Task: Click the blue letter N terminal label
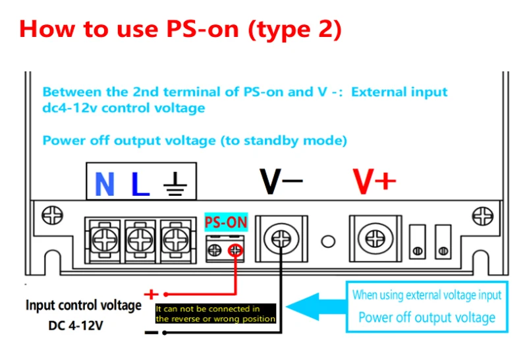[105, 184]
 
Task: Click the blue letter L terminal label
[140, 184]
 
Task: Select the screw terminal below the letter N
[105, 239]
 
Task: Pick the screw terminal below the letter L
[140, 239]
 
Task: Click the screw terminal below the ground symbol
[173, 239]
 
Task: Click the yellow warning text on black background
[216, 314]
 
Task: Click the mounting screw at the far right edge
[483, 216]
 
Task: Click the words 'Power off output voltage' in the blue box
[426, 317]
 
